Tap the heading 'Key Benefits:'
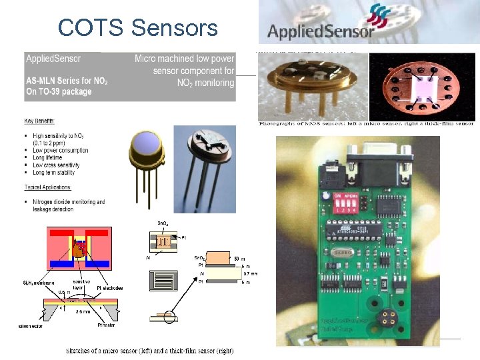[x=40, y=121]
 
